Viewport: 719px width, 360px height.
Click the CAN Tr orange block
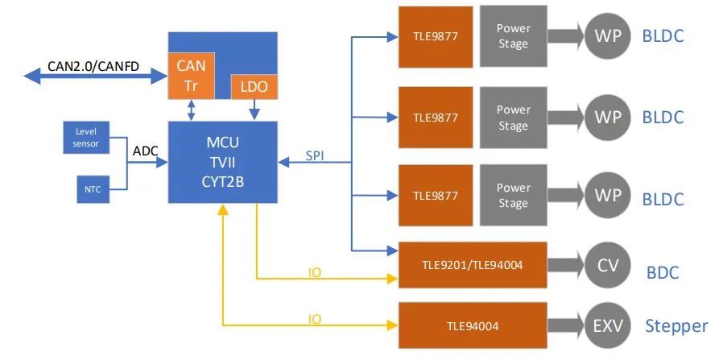tap(192, 75)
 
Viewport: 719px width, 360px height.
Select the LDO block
tap(254, 86)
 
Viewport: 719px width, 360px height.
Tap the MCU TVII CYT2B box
tap(222, 162)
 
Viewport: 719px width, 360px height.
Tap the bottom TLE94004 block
tap(473, 326)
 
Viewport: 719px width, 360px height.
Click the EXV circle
tap(608, 326)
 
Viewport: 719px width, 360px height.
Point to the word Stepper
tap(676, 326)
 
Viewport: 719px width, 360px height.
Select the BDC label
tap(663, 272)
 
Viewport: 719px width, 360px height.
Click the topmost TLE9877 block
tap(436, 36)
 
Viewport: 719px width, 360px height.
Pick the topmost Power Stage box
tap(513, 36)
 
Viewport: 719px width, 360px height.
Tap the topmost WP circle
tap(608, 37)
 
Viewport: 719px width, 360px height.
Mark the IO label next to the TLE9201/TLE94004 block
tap(315, 272)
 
